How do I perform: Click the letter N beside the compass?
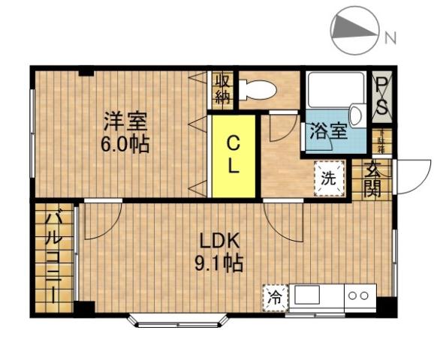coord(390,37)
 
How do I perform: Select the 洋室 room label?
coord(124,120)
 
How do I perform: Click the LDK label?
coord(219,241)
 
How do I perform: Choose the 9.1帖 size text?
coord(219,263)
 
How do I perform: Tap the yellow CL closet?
coord(234,155)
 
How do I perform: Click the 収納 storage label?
coord(222,88)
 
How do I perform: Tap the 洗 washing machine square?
coord(329,178)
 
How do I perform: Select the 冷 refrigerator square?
coord(276,296)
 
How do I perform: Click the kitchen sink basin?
coord(315,295)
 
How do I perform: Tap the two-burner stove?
coord(358,295)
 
